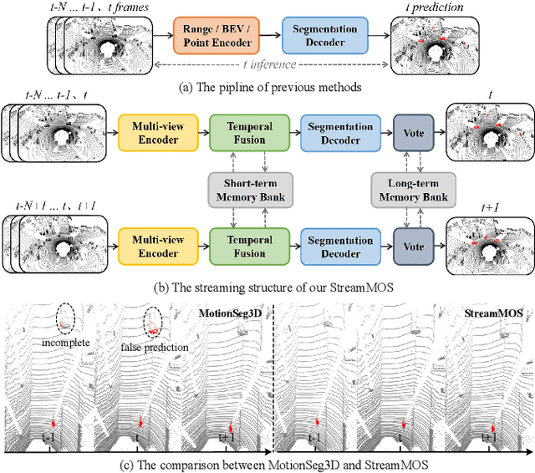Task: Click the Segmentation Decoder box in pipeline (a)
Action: click(319, 36)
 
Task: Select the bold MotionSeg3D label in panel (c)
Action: click(228, 313)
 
